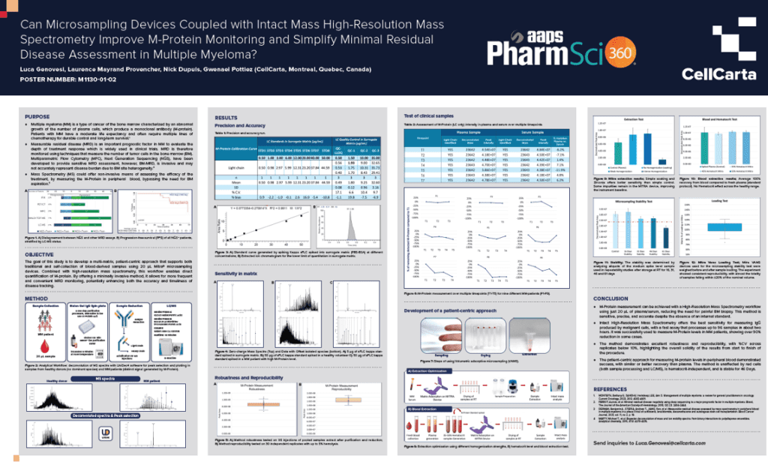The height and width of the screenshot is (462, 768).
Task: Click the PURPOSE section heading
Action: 37,118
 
